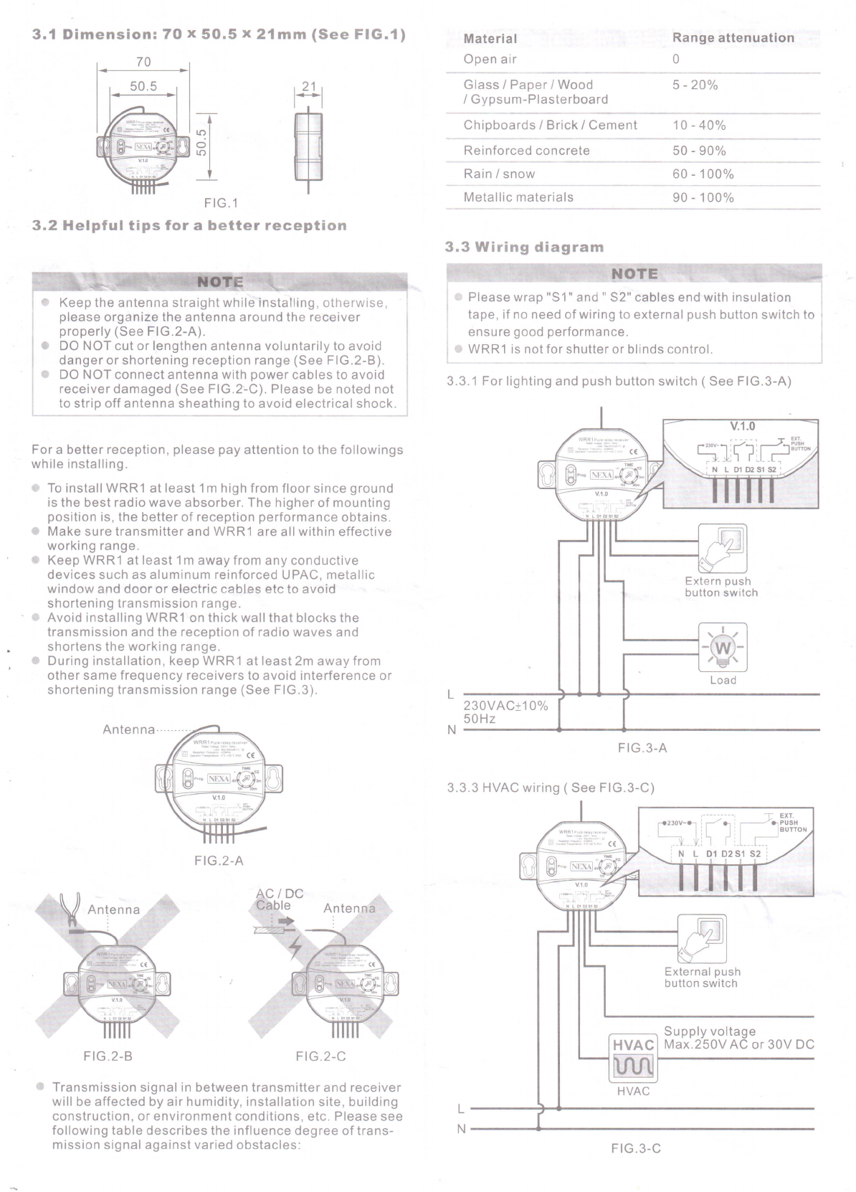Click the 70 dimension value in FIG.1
point(143,62)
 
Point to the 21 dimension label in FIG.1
point(308,86)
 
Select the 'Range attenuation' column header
point(733,38)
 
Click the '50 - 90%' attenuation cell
point(699,151)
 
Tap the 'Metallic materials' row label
point(518,197)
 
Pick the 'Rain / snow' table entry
point(499,174)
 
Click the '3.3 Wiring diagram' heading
point(524,247)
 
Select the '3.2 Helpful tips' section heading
point(190,226)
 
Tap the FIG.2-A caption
point(219,860)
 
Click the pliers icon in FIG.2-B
point(71,906)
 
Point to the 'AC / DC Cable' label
point(279,899)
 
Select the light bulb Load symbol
point(723,648)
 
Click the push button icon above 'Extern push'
point(722,548)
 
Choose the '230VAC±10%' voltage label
point(505,706)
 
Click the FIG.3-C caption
point(636,1148)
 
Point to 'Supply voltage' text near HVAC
point(710,1031)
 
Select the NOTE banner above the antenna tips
point(219,282)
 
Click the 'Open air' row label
point(490,60)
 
